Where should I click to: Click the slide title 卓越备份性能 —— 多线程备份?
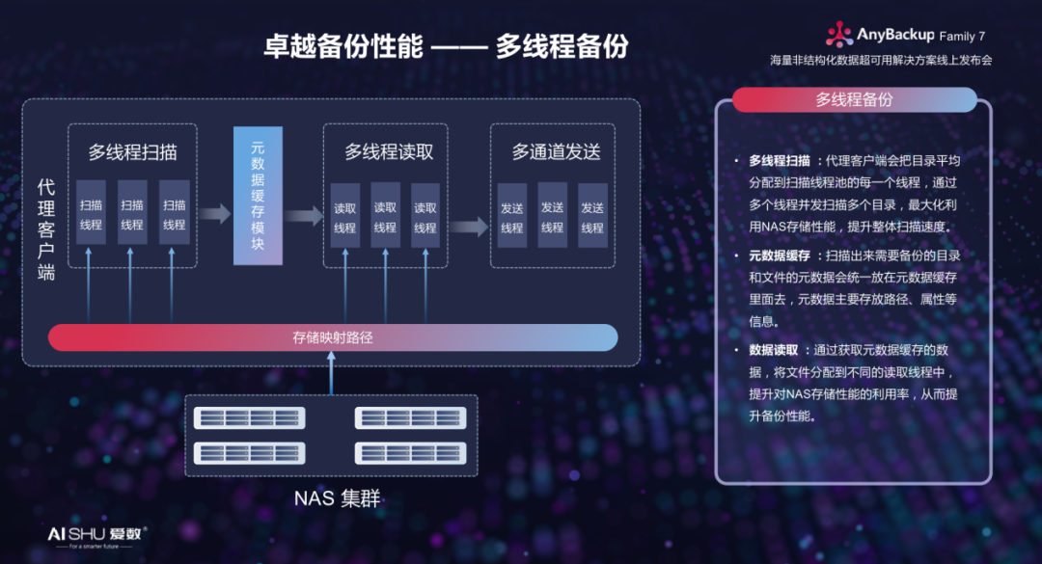tap(446, 46)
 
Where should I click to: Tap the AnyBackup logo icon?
tap(838, 36)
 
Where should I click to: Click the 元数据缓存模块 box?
tap(258, 196)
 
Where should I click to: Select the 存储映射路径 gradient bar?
tap(333, 337)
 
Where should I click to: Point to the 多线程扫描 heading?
tap(133, 152)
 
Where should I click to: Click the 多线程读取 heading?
tap(389, 152)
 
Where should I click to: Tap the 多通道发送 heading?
tap(556, 152)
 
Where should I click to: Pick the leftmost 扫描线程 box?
tap(91, 215)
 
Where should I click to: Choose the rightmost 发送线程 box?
tap(592, 217)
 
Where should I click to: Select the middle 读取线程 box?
tap(385, 217)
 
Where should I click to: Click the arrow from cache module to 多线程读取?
tap(303, 215)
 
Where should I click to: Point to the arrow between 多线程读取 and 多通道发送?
tap(469, 228)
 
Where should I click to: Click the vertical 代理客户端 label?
tap(45, 229)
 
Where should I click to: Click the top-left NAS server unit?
tap(248, 418)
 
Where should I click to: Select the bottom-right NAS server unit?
tap(410, 452)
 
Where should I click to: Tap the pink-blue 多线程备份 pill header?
tap(854, 99)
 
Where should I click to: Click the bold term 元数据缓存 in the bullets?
tap(779, 255)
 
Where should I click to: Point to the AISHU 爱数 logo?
tap(96, 534)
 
